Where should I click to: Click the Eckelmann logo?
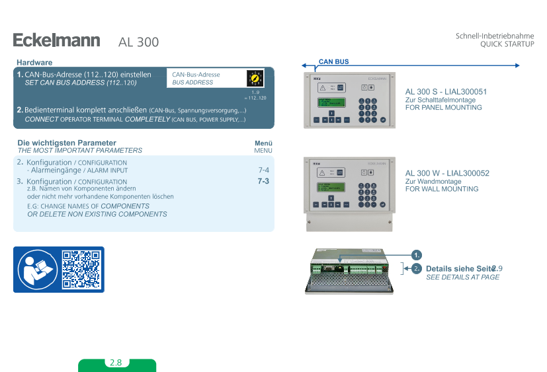56,41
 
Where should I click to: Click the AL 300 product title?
138,42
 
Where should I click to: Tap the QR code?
82,269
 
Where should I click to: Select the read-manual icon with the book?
36,269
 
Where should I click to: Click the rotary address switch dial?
255,79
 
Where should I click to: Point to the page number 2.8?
116,363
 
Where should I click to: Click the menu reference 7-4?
263,170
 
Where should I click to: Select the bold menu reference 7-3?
263,181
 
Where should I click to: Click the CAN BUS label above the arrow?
333,61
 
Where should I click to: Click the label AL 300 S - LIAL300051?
446,92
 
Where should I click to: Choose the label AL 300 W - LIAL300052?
447,173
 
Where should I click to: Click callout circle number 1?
417,255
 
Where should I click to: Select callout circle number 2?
417,268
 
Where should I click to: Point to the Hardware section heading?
34,62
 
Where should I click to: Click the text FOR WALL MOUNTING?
441,189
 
